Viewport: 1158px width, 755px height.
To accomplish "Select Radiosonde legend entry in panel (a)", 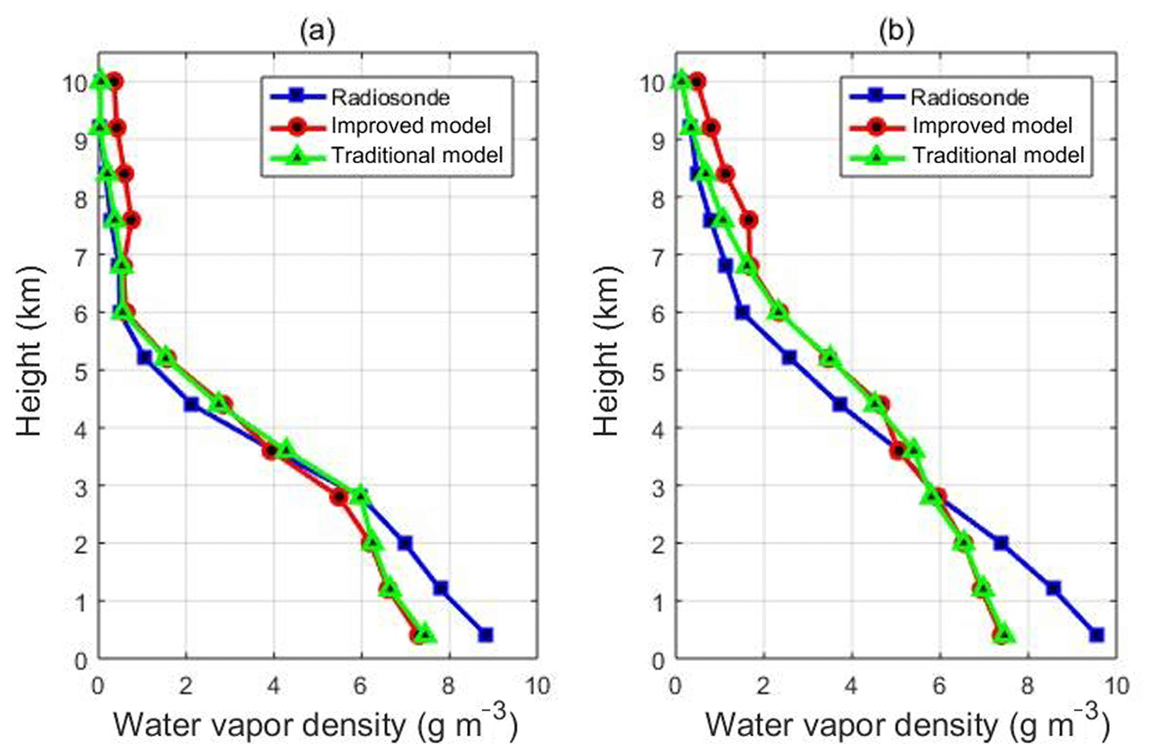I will coord(390,97).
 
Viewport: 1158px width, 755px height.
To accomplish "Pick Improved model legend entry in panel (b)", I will coord(992,126).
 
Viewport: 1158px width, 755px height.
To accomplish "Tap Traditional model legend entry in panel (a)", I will coord(417,155).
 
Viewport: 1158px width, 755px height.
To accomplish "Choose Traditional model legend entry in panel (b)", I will coord(998,155).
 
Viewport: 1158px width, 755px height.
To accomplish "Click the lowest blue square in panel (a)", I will coord(486,635).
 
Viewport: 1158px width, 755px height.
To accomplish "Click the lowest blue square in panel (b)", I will coord(1097,635).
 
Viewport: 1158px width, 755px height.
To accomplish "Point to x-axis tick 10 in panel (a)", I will coord(537,686).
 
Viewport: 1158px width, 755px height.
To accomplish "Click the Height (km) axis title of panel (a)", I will coord(30,351).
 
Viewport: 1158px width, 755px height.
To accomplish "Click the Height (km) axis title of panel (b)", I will coord(607,351).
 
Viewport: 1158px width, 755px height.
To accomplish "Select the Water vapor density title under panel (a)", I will coord(315,724).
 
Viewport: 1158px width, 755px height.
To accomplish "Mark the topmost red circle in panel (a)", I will coord(115,81).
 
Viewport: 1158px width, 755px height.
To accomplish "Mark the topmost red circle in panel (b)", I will coord(697,81).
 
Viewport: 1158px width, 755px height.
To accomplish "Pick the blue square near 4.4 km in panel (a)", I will coord(191,405).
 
